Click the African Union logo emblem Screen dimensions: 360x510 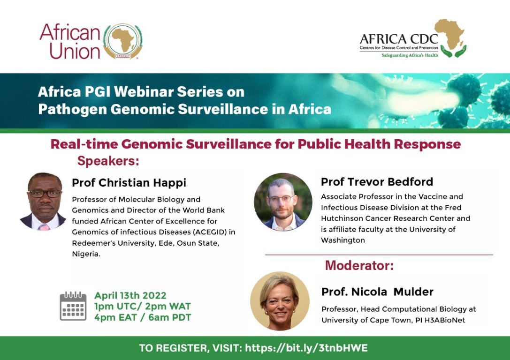tap(122, 41)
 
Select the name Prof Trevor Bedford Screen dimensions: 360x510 tap(377, 181)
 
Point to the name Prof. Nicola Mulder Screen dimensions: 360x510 tap(377, 292)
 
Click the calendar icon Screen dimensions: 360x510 tap(73, 306)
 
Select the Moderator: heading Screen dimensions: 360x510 tap(359, 266)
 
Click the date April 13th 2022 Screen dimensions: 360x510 tap(130, 296)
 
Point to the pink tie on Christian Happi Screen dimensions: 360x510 tap(44, 227)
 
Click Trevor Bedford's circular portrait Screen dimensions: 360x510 tap(283, 202)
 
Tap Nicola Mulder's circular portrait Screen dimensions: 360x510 tap(280, 301)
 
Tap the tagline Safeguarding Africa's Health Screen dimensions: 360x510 tap(411, 55)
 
